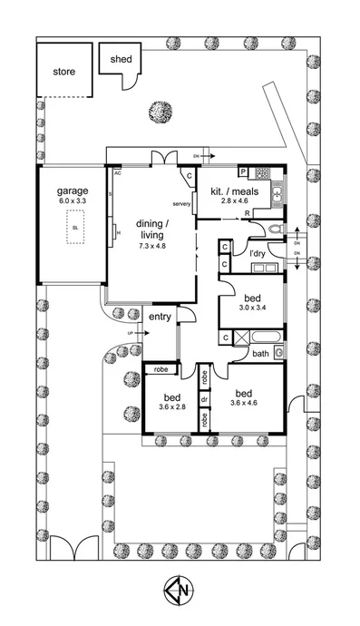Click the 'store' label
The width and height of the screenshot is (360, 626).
click(x=63, y=72)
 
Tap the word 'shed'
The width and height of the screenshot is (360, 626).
click(x=121, y=60)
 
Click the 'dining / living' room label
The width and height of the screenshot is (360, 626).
click(x=151, y=230)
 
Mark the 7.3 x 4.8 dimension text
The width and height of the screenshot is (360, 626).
click(x=152, y=246)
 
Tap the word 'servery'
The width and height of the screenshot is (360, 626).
click(x=180, y=204)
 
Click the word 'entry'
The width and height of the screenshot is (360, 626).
click(x=160, y=317)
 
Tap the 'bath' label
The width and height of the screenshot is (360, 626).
click(x=260, y=354)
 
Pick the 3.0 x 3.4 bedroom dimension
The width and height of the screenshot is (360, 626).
click(x=249, y=308)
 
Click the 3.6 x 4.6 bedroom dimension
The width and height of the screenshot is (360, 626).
click(x=248, y=403)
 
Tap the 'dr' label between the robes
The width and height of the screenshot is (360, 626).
click(x=206, y=397)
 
